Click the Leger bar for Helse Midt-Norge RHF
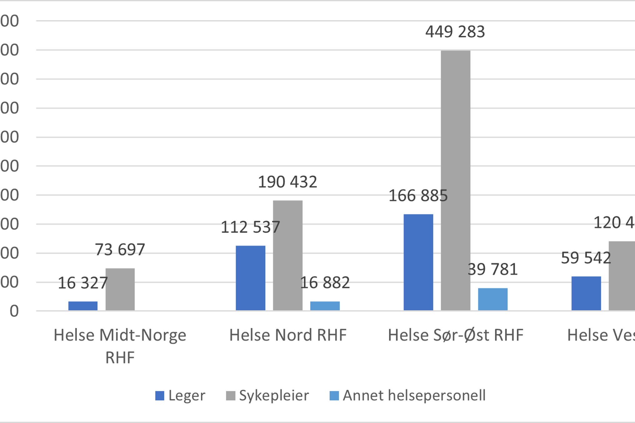tap(83, 306)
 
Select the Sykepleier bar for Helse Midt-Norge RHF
tap(120, 289)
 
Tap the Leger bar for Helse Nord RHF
tap(250, 278)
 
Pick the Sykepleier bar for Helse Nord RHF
tap(287, 255)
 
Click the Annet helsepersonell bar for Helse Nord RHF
tap(325, 306)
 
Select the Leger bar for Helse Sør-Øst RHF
tap(418, 262)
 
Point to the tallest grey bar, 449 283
tap(455, 180)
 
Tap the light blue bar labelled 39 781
tap(492, 299)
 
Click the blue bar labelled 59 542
tap(586, 293)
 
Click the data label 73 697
tap(120, 250)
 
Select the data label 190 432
tap(287, 182)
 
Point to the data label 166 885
tap(418, 196)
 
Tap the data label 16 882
tap(325, 283)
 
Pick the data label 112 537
tap(250, 227)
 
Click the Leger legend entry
tap(180, 396)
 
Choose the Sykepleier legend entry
tap(267, 396)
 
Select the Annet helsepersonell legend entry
tap(407, 396)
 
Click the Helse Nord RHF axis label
tap(288, 335)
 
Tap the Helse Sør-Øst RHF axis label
tap(455, 335)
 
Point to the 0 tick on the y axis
tap(14, 311)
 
